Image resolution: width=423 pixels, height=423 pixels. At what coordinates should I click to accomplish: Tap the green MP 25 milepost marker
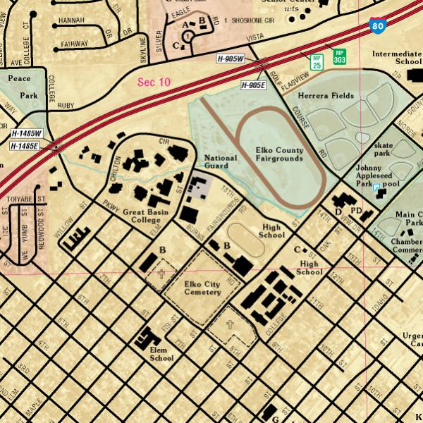click(317, 61)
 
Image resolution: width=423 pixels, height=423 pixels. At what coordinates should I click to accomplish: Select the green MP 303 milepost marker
click(339, 56)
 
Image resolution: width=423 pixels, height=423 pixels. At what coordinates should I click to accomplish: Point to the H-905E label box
click(253, 85)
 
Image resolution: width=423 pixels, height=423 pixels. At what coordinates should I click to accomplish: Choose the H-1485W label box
click(27, 133)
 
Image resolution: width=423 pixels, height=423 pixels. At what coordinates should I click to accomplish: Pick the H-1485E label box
click(25, 146)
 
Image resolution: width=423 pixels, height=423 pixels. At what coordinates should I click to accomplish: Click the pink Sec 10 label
click(154, 82)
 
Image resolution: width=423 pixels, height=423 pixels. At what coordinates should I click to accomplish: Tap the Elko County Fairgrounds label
click(279, 154)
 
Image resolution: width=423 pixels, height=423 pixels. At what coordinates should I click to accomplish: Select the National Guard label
click(220, 162)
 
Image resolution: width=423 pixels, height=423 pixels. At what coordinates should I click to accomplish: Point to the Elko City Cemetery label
click(202, 288)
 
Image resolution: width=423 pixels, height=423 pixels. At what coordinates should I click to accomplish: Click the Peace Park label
click(23, 87)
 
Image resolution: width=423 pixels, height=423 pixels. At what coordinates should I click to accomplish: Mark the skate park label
click(383, 149)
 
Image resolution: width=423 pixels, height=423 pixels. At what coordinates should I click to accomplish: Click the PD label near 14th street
click(356, 210)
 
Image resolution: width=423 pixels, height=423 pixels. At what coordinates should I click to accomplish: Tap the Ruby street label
click(66, 106)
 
